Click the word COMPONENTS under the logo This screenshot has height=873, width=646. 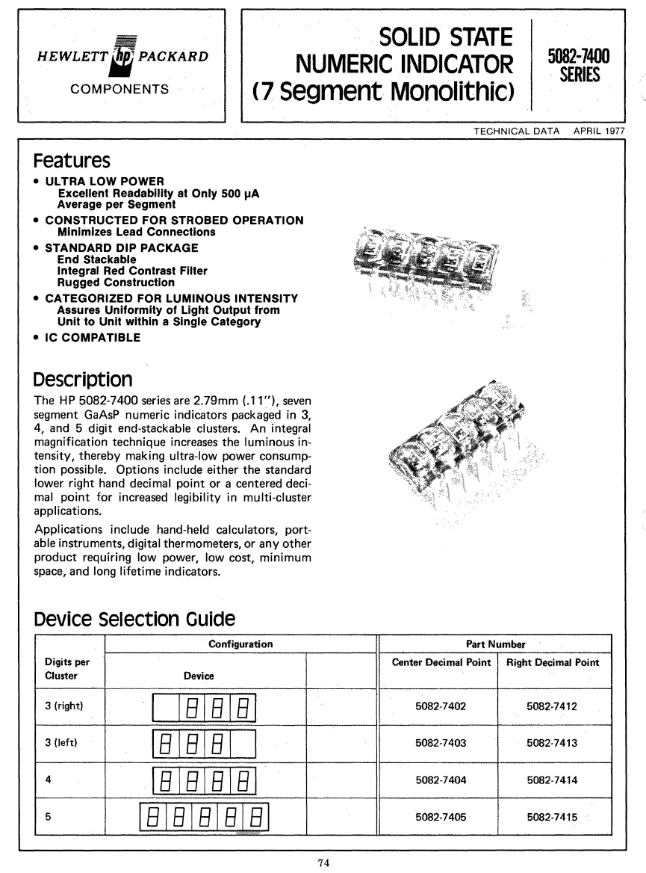pyautogui.click(x=119, y=89)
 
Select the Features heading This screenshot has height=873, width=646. pyautogui.click(x=72, y=161)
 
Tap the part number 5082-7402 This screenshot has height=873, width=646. pyautogui.click(x=440, y=706)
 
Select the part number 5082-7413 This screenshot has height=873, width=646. pyautogui.click(x=552, y=743)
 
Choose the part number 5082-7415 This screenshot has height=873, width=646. pyautogui.click(x=552, y=817)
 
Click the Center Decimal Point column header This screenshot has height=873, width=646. pyautogui.click(x=441, y=662)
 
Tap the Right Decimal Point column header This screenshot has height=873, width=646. pyautogui.click(x=553, y=662)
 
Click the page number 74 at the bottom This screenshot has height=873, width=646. pyautogui.click(x=323, y=862)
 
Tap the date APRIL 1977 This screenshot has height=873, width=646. pyautogui.click(x=599, y=132)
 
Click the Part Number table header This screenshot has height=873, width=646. pyautogui.click(x=497, y=644)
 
